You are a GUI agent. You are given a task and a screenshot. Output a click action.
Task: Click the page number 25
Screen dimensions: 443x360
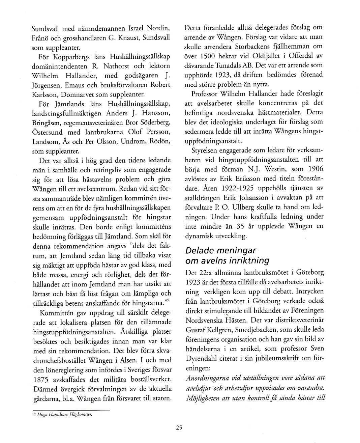(179, 428)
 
